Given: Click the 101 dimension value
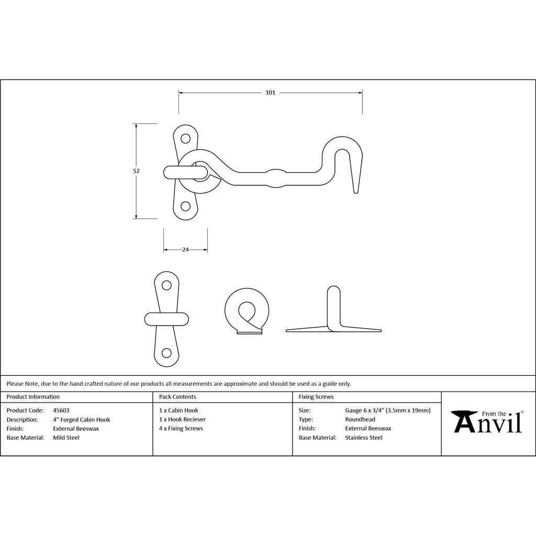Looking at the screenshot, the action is (x=271, y=93).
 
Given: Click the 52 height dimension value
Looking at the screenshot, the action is (x=137, y=171).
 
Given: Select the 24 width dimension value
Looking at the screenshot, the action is (x=185, y=250).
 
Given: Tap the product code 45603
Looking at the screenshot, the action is (x=61, y=410).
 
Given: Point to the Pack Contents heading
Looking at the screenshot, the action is (x=177, y=397).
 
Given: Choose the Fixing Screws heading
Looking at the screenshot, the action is (x=316, y=397).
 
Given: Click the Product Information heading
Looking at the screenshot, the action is (x=33, y=397).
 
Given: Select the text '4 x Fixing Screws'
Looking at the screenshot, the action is (x=181, y=429).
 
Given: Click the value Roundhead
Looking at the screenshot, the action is (x=360, y=419).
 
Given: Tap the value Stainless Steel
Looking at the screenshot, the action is (x=364, y=438).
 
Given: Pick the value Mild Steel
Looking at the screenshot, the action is (x=66, y=438).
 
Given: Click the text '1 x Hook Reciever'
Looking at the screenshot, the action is (x=182, y=419).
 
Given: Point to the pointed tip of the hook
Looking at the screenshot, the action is (x=356, y=193).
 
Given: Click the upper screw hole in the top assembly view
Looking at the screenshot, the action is (x=186, y=138).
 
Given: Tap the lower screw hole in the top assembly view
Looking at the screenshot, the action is (x=186, y=206).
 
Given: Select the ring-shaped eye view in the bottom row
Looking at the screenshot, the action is (x=247, y=311).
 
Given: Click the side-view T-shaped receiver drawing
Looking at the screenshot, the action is (x=333, y=309).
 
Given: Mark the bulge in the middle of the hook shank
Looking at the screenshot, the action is (x=276, y=178).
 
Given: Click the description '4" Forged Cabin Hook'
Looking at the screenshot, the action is (x=81, y=420).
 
